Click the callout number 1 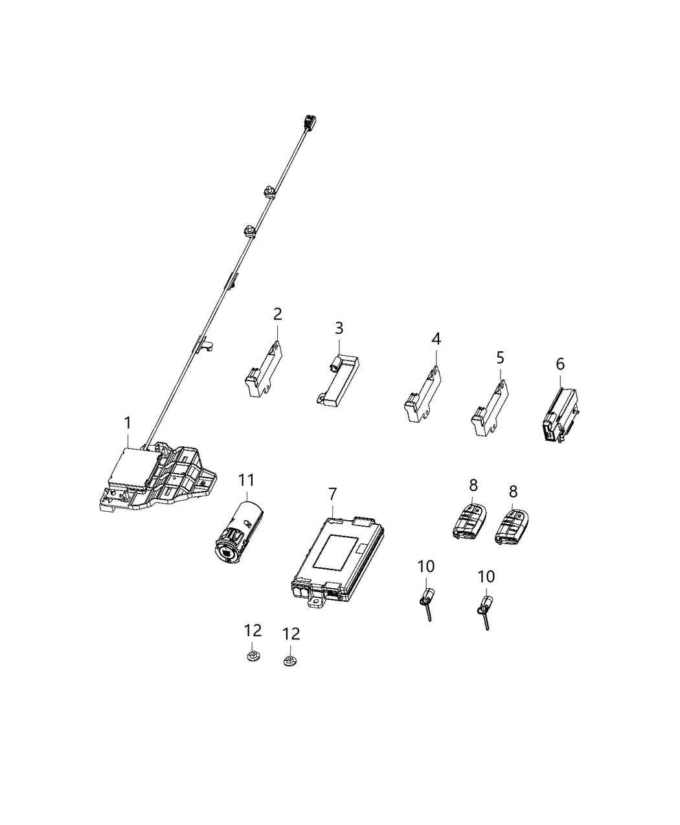click(x=128, y=423)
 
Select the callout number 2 click(x=277, y=314)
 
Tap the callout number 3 click(x=339, y=328)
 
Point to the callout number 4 click(x=436, y=338)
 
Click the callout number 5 click(x=499, y=357)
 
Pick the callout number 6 click(x=560, y=364)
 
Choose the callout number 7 click(x=332, y=494)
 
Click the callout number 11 click(x=247, y=480)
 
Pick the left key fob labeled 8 click(x=470, y=520)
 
